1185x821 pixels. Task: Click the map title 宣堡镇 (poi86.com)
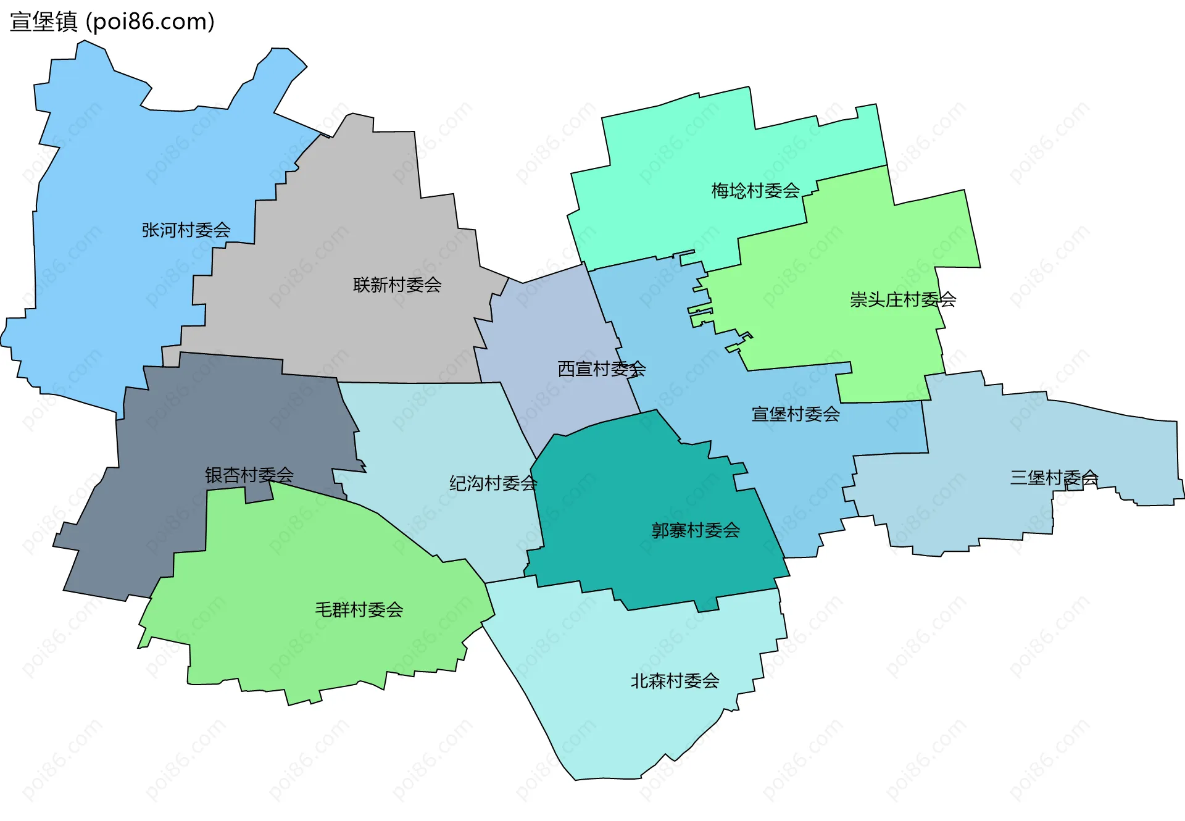(x=112, y=22)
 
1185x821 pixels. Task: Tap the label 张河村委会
(x=186, y=230)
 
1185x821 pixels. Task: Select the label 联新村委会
(x=397, y=285)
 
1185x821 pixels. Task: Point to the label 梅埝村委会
(x=755, y=191)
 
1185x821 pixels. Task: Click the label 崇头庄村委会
(x=902, y=300)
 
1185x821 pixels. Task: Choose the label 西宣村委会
(x=601, y=369)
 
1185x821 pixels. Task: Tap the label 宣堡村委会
(x=796, y=414)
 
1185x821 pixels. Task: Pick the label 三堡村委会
(x=1054, y=478)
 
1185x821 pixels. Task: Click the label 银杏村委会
(x=249, y=475)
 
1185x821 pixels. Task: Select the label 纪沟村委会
(x=493, y=483)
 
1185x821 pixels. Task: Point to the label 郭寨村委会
(x=696, y=530)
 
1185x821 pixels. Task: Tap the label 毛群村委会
(x=359, y=610)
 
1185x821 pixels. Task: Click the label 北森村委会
(x=675, y=681)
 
